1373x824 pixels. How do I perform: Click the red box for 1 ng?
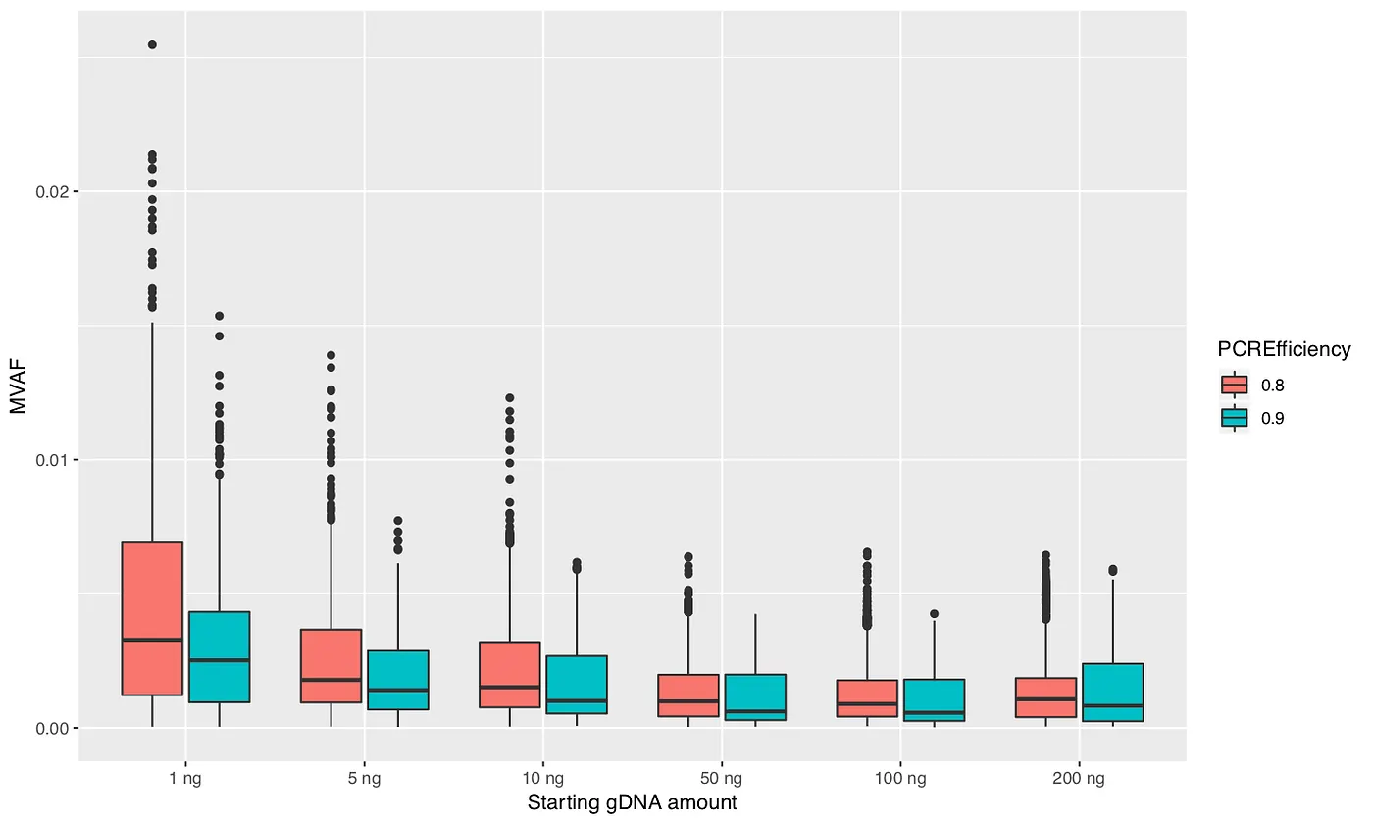152,618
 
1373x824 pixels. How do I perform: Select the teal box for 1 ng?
219,656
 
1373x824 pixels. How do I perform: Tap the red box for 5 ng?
331,665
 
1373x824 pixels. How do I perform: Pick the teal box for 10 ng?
577,684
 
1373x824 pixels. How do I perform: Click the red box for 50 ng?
688,695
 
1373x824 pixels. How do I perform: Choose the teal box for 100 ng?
934,699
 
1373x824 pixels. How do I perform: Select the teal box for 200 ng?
1112,692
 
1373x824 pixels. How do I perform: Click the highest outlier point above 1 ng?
152,45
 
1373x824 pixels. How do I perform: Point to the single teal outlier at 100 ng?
934,614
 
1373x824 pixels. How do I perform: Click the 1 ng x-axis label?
185,779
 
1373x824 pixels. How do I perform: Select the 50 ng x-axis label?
722,779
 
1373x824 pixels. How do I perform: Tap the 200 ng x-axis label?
1079,779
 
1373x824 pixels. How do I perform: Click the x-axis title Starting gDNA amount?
632,803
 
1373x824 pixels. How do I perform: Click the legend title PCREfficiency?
1284,349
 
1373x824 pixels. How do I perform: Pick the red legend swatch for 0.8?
1234,385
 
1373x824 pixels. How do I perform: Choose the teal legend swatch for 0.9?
1234,418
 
